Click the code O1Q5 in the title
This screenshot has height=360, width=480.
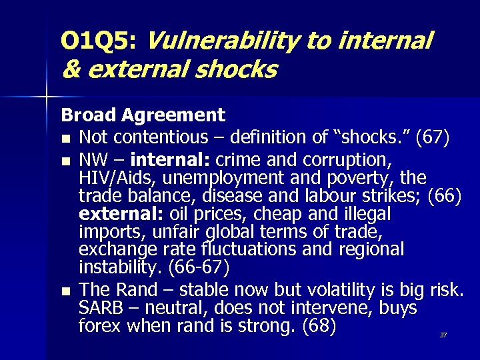pyautogui.click(x=97, y=42)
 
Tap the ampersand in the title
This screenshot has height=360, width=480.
pyautogui.click(x=70, y=69)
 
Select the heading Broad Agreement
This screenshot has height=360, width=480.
pyautogui.click(x=143, y=115)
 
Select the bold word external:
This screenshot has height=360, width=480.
pyautogui.click(x=121, y=215)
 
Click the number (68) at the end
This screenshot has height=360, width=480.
pyautogui.click(x=319, y=327)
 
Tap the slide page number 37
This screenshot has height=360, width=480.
pyautogui.click(x=443, y=335)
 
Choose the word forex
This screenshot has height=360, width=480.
pyautogui.click(x=102, y=327)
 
